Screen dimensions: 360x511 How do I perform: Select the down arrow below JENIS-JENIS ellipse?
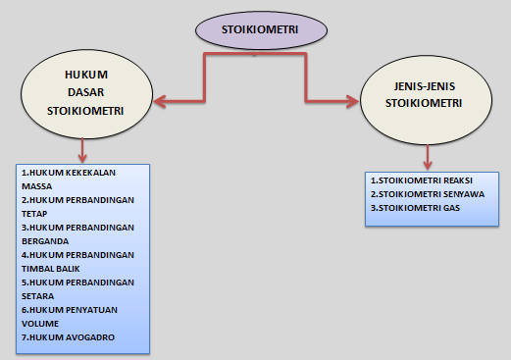(427, 163)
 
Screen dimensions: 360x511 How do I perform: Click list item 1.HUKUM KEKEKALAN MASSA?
(68, 179)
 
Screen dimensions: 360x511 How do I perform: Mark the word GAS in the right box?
(450, 208)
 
